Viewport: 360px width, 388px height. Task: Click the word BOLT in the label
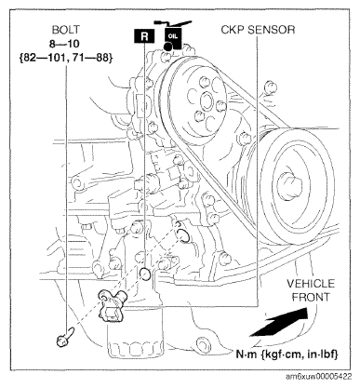click(66, 30)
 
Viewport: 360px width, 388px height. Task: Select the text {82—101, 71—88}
click(66, 59)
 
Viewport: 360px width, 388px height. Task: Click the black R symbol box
click(144, 36)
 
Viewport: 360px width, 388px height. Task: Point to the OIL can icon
click(173, 35)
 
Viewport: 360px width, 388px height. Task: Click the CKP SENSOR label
click(258, 30)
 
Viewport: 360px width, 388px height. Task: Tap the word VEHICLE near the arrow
click(311, 284)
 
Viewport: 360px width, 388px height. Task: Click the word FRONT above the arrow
click(311, 297)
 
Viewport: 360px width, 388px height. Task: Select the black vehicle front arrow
click(279, 323)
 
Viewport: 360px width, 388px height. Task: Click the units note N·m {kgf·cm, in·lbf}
click(287, 354)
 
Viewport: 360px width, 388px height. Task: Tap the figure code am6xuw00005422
click(319, 377)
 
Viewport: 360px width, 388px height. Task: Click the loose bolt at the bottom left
click(64, 337)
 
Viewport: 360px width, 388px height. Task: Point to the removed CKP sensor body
click(111, 306)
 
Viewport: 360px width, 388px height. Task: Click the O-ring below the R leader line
click(145, 274)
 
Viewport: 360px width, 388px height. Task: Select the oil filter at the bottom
click(135, 332)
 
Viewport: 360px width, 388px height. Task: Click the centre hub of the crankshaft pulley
click(289, 186)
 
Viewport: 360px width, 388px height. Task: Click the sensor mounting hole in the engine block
click(183, 234)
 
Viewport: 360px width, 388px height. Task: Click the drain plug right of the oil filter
click(202, 343)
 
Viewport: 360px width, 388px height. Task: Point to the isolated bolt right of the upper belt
click(270, 87)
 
